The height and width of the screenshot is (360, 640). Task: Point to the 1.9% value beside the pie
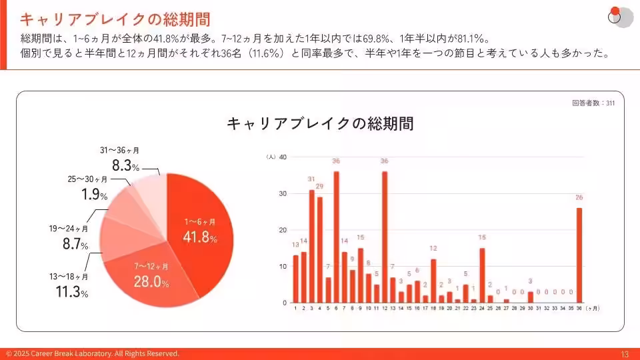[x=86, y=194]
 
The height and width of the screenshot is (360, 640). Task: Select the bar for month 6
[x=336, y=237]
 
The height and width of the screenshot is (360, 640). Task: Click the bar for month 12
[x=385, y=237]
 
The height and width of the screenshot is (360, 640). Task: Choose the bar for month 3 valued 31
[x=311, y=246]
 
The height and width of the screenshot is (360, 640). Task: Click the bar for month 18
[x=433, y=281]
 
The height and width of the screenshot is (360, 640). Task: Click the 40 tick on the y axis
[x=283, y=157]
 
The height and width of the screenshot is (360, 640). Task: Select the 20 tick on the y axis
[x=283, y=230]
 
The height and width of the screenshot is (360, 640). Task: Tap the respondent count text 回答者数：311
[x=593, y=103]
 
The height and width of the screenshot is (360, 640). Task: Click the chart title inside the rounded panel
[x=320, y=124]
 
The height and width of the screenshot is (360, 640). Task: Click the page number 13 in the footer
[x=625, y=354]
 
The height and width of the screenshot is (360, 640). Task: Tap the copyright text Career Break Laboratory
[x=93, y=354]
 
